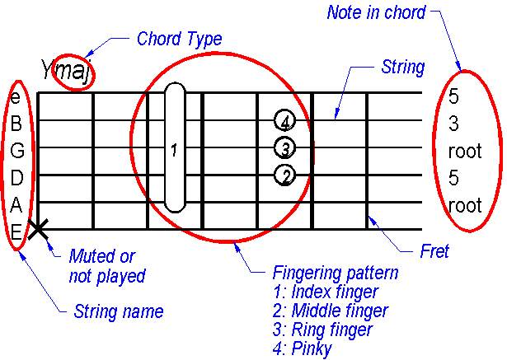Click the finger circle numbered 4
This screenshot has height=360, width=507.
[284, 122]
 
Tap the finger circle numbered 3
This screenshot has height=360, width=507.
[284, 148]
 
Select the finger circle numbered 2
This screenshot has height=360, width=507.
[285, 175]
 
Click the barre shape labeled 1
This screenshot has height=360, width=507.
[175, 148]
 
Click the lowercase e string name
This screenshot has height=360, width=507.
[16, 97]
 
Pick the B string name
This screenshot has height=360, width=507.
[16, 124]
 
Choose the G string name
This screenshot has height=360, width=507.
[16, 151]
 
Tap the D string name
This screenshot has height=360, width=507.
[16, 177]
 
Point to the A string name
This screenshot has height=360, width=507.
[16, 203]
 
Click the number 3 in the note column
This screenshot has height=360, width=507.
[454, 124]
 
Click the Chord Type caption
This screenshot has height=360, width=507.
[179, 39]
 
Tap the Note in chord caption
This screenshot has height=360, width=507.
[376, 12]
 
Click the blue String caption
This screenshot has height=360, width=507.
[403, 67]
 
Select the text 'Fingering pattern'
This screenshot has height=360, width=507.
[336, 274]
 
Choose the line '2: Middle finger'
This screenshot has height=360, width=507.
[330, 311]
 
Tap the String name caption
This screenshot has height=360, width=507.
[119, 311]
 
